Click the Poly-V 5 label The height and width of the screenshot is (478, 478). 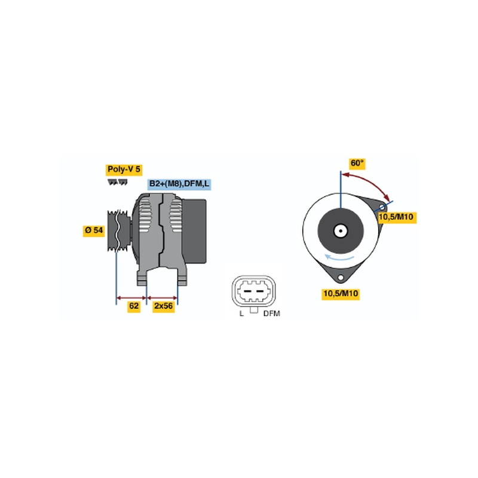tap(124, 170)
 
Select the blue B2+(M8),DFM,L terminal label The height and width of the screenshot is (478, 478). tap(179, 184)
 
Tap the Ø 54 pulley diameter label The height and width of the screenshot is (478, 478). tap(94, 231)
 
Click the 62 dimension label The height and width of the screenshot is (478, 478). tap(134, 306)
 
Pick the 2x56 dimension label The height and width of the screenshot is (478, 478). tap(163, 306)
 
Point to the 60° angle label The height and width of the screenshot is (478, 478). tap(357, 163)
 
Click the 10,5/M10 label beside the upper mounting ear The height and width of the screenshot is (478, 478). tap(396, 217)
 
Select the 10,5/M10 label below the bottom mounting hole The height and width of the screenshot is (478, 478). tap(341, 294)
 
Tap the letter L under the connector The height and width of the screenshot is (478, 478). tap(241, 314)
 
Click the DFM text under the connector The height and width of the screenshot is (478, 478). tap(272, 314)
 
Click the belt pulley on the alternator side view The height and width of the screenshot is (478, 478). tap(119, 231)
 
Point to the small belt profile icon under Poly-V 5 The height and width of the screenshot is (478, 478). tap(118, 182)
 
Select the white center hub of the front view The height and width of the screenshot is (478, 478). tap(341, 231)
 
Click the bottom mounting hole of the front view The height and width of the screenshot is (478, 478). tap(341, 278)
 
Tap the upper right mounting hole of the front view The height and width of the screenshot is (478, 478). tap(382, 208)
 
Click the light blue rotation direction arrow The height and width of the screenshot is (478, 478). tap(339, 258)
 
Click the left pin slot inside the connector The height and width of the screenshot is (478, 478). tap(247, 292)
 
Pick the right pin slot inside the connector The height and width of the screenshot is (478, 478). tap(260, 292)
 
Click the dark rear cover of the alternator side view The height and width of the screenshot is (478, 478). tap(194, 232)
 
